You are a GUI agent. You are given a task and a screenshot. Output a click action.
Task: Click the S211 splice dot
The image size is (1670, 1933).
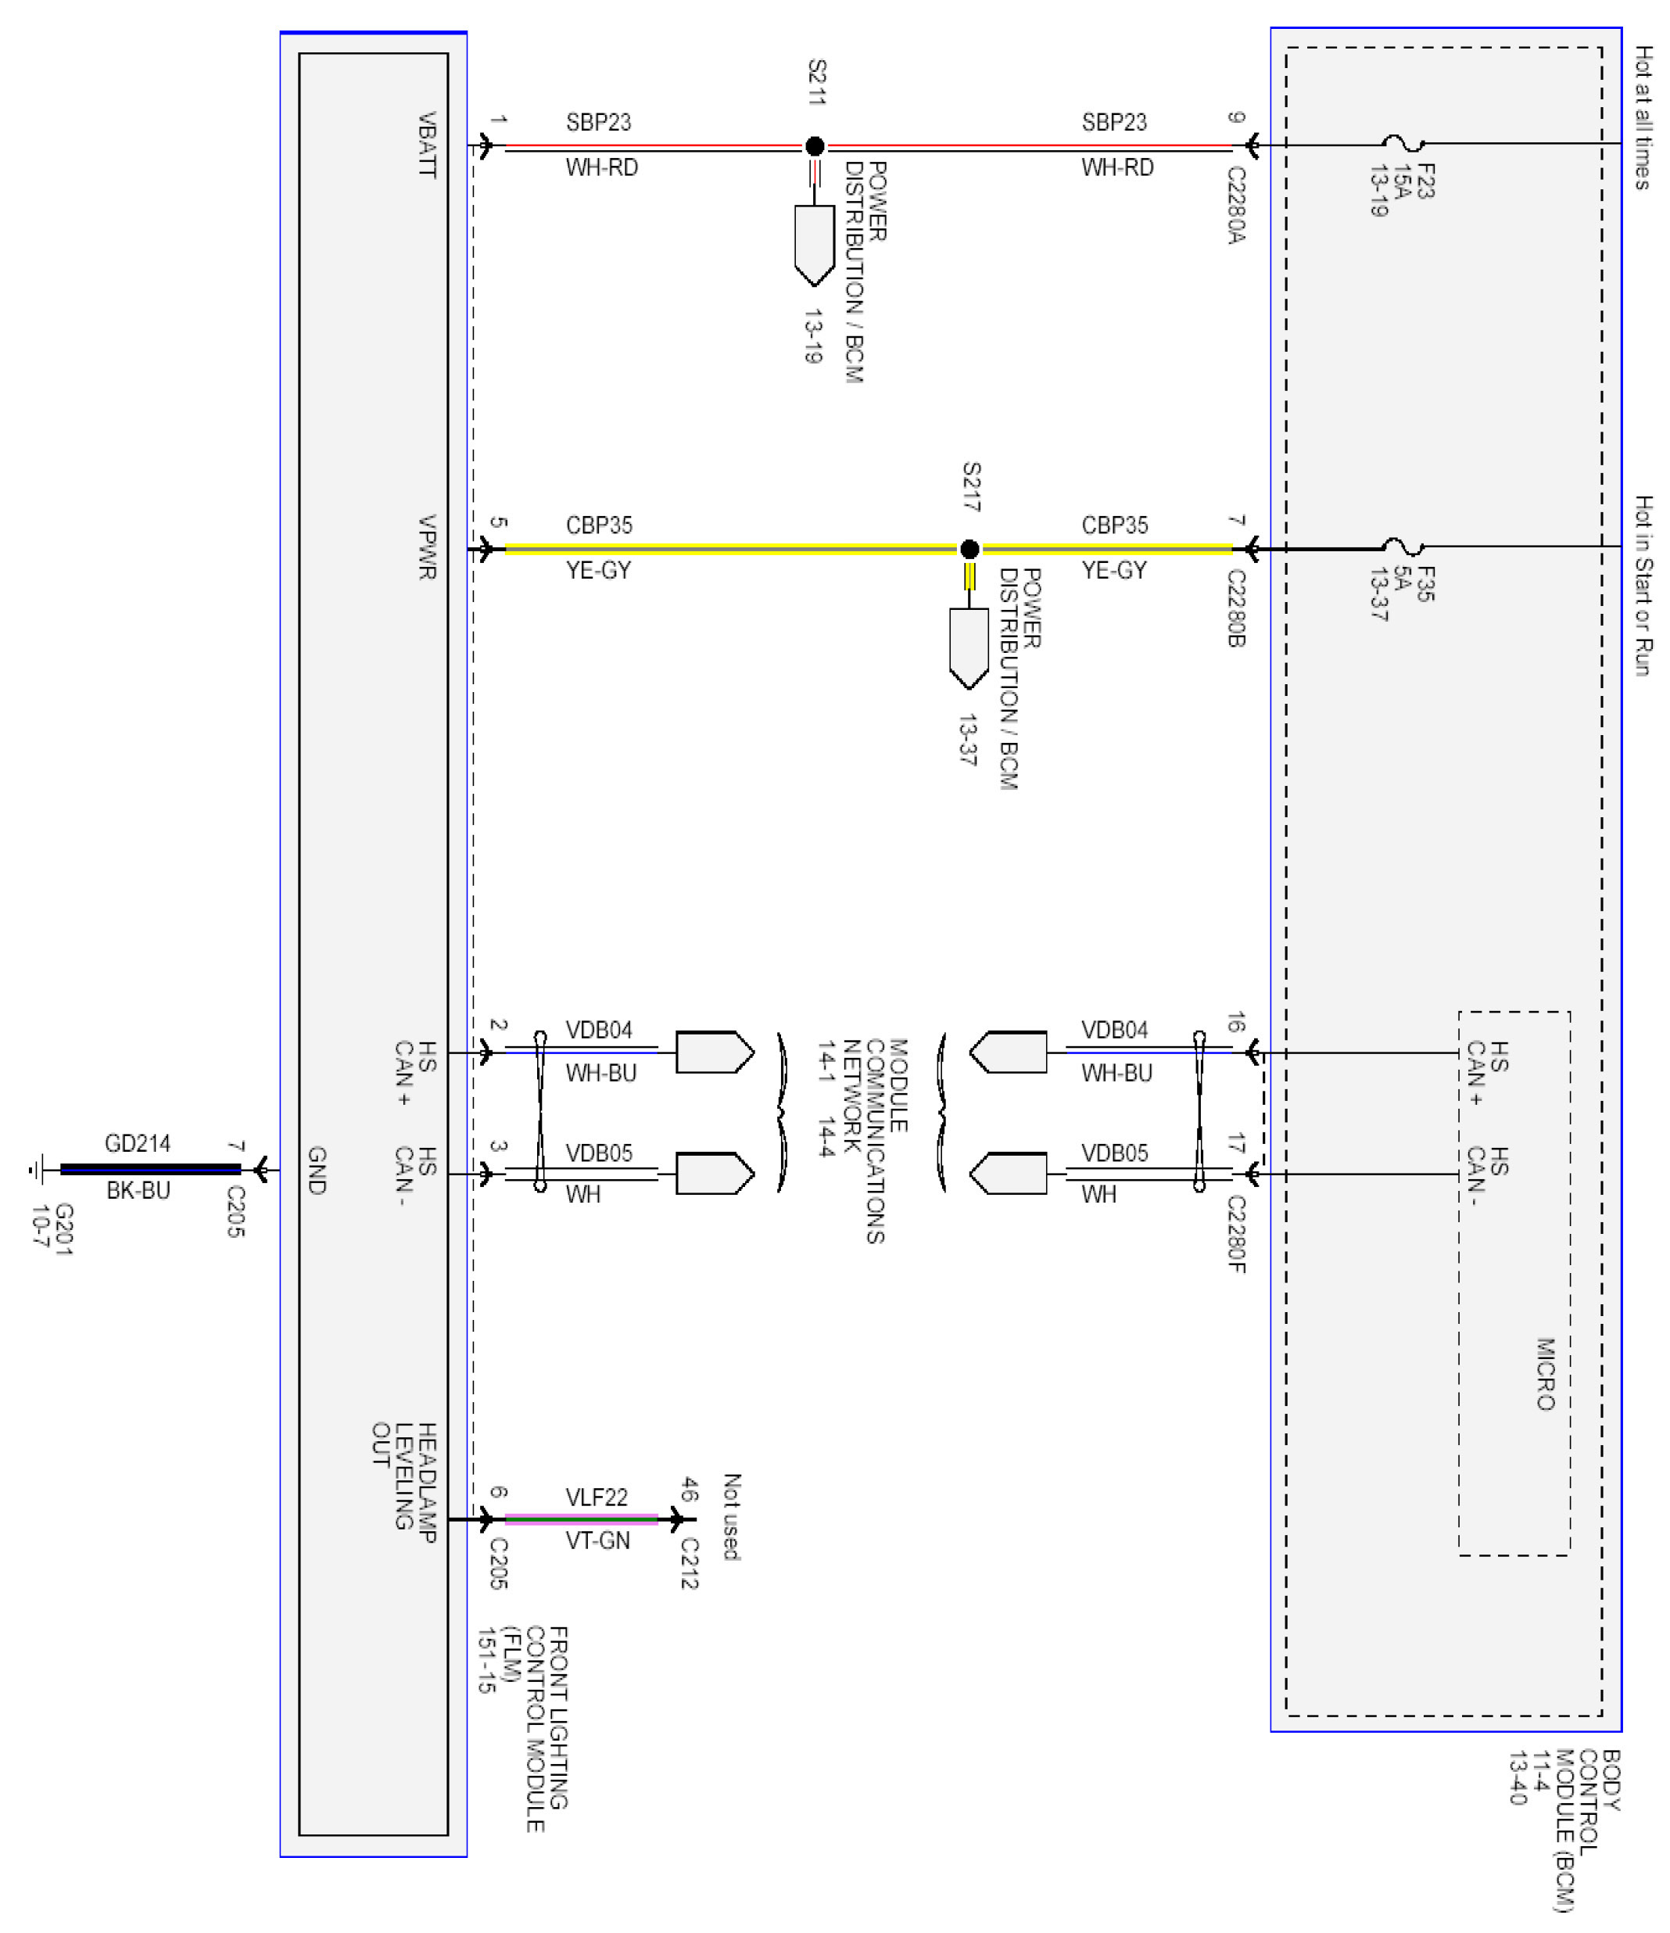(815, 145)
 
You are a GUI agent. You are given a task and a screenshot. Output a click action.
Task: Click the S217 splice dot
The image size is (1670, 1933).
(969, 549)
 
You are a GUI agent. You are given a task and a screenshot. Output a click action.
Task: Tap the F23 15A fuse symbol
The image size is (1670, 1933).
(1403, 144)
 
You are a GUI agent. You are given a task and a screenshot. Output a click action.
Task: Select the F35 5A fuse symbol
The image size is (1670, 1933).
(1403, 547)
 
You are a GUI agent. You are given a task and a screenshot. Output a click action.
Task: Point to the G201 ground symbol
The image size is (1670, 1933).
(38, 1169)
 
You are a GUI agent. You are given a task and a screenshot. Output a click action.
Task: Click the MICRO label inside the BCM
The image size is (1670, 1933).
(1546, 1374)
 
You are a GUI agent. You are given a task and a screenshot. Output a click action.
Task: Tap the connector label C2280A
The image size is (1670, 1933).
(1236, 205)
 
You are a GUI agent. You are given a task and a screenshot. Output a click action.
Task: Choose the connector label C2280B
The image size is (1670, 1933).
(1236, 608)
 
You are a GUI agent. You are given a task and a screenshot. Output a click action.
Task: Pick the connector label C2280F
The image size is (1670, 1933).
(1236, 1234)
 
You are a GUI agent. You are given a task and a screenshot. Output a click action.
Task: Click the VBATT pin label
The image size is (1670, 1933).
(426, 145)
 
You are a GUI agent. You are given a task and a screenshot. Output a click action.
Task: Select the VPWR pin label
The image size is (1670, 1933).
(426, 547)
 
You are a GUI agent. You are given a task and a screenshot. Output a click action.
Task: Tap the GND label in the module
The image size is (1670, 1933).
(317, 1171)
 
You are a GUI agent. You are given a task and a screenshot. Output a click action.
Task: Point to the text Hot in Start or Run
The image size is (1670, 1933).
(1643, 586)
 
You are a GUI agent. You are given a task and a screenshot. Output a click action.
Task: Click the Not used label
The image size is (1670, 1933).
(732, 1516)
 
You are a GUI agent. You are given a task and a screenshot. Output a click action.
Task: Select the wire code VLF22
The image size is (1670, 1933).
(597, 1497)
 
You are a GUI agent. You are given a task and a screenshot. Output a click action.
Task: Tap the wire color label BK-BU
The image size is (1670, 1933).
(138, 1190)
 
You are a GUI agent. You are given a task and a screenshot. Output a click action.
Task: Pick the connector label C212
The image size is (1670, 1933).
(690, 1562)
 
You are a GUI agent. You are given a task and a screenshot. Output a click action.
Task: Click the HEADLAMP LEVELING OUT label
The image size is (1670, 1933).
(404, 1483)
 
